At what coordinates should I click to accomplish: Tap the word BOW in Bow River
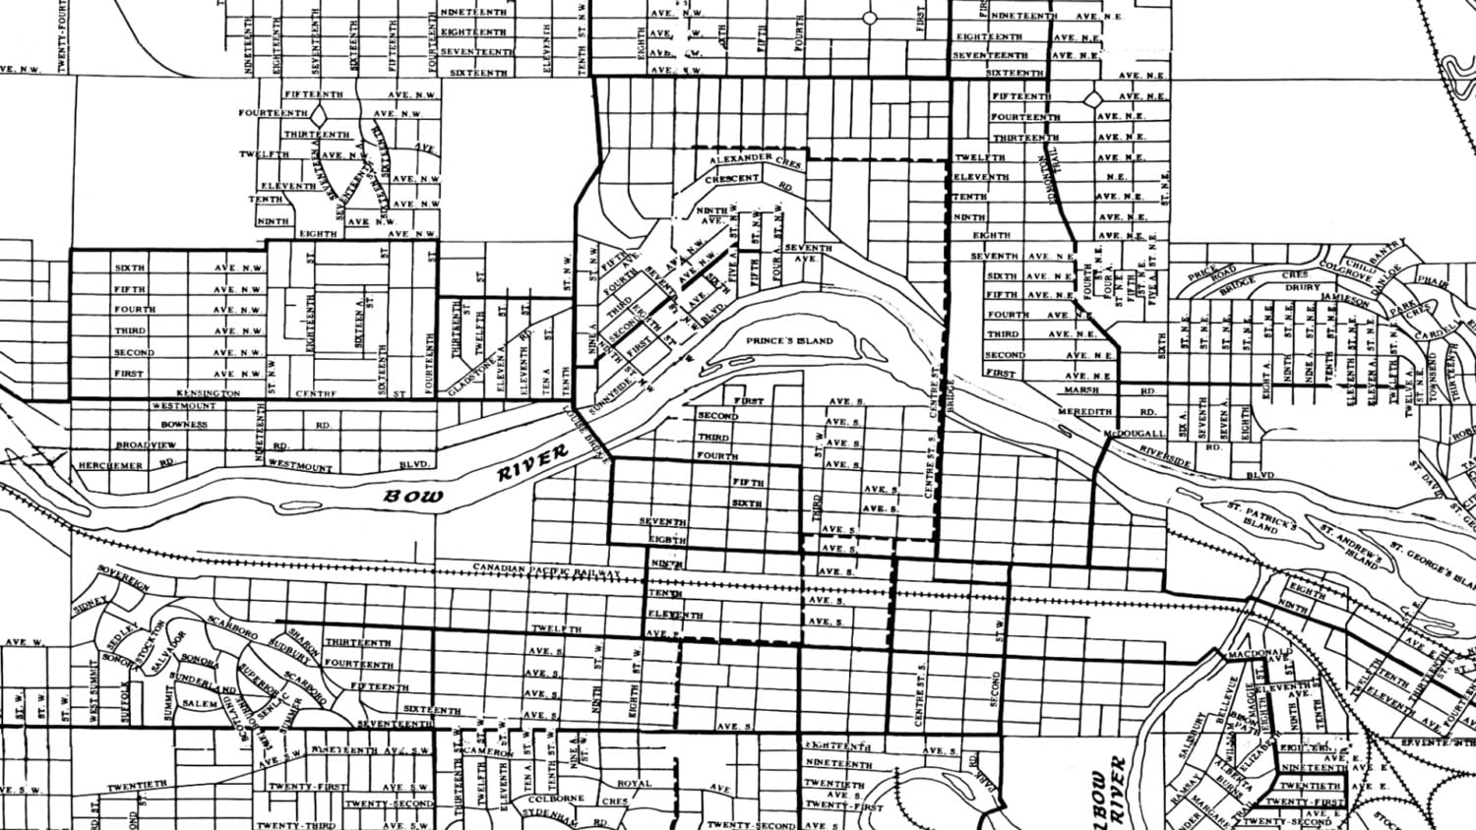tap(405, 495)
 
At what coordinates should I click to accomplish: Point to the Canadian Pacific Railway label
tap(546, 569)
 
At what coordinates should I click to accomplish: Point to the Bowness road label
tap(186, 425)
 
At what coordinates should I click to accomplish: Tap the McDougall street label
tap(1134, 433)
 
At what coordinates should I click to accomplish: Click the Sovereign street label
tap(123, 578)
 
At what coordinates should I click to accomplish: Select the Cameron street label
tap(488, 752)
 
